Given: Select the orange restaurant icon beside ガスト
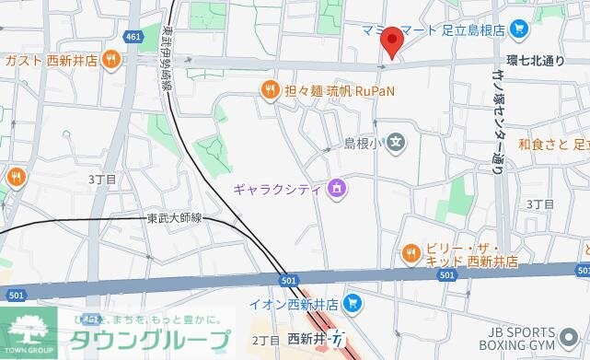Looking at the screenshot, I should pos(110,60).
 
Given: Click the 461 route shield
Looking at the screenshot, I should pos(134,37).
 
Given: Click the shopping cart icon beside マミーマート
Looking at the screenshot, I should pos(518,29).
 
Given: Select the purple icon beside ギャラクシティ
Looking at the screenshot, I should pos(337,190).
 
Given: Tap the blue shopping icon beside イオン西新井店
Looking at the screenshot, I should pos(351,303).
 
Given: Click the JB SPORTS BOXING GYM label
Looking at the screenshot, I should pos(534,340).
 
